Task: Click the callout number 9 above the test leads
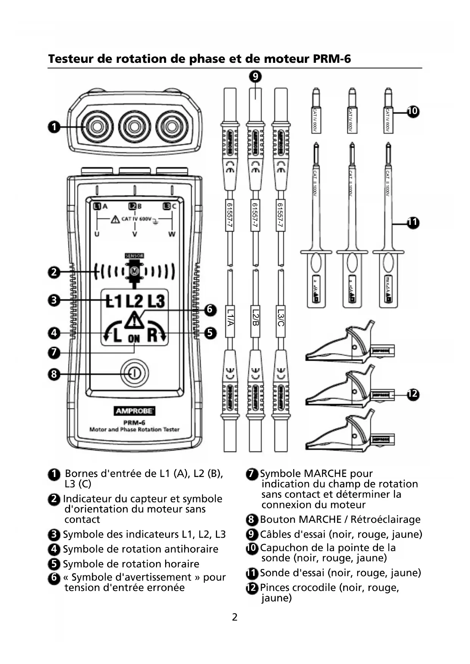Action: [x=255, y=77]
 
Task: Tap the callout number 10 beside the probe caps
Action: [x=412, y=111]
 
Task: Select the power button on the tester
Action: [x=134, y=374]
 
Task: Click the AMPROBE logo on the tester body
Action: [x=134, y=411]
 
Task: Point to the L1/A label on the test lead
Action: [x=230, y=317]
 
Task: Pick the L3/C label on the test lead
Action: [x=281, y=317]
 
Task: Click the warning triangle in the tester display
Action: [x=134, y=320]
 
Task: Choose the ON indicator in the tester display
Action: [x=134, y=339]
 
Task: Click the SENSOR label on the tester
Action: [x=134, y=256]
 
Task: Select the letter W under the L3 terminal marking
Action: [x=172, y=234]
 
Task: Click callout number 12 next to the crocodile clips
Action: [x=412, y=394]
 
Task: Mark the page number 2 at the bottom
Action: [x=235, y=617]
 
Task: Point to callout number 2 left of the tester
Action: [x=54, y=272]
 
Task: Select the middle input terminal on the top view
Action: [x=134, y=127]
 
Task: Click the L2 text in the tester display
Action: [x=134, y=301]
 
